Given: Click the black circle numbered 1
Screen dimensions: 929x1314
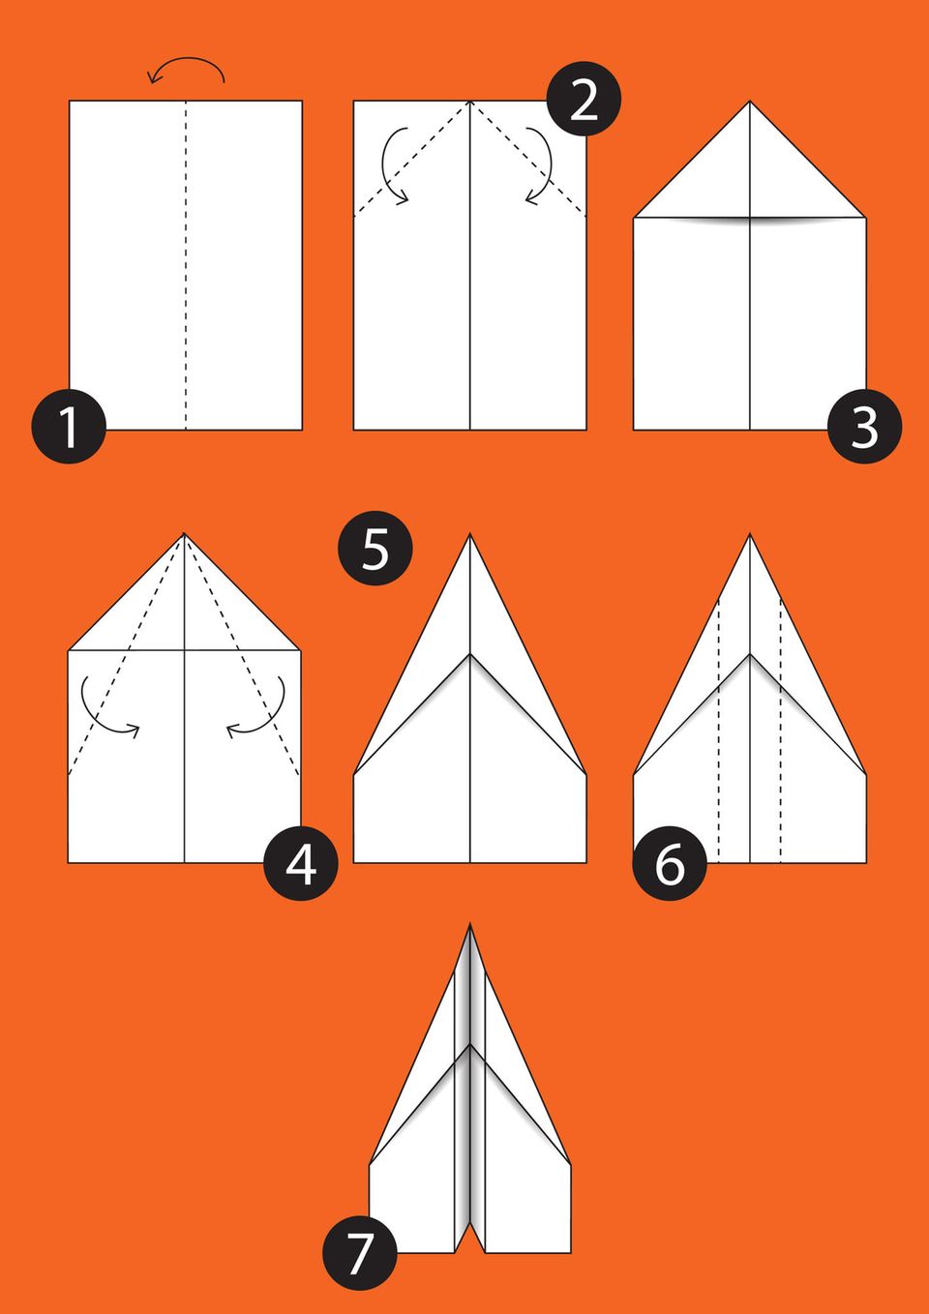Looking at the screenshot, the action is pos(69,427).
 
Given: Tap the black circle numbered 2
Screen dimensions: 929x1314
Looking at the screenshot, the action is pos(584,99).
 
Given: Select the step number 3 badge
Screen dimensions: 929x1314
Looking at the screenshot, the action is pos(864,427).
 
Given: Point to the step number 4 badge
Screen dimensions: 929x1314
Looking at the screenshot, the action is pos(301,863).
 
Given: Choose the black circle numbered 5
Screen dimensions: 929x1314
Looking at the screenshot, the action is pos(375,549).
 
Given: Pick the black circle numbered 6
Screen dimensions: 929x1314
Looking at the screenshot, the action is pos(670,863).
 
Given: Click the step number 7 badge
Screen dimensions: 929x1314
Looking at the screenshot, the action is pos(360,1252).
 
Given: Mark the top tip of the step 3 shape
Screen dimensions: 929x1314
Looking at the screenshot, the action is pos(750,102).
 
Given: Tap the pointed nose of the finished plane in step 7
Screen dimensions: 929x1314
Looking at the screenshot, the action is pos(469,924).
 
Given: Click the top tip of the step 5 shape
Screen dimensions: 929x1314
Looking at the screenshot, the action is pos(469,534).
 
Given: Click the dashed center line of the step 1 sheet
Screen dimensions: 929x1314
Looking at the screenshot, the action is pos(186,265).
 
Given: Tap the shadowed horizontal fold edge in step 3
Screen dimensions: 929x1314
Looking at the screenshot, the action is pos(750,220).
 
